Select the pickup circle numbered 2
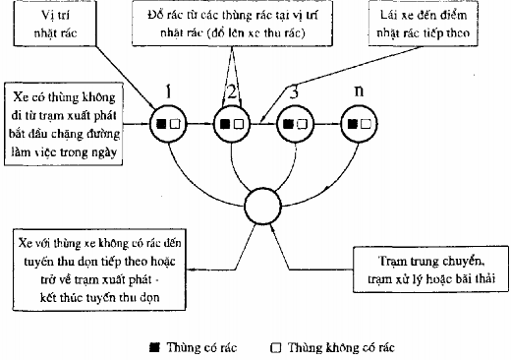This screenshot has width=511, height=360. [x=232, y=125]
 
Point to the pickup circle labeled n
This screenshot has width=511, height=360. [x=362, y=125]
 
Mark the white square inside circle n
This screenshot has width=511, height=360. [x=369, y=125]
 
